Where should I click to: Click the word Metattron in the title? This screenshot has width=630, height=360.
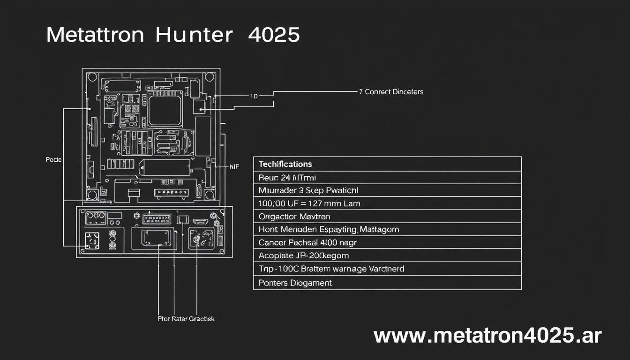[x=95, y=35]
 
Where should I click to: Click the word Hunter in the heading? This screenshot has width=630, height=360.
[x=194, y=35]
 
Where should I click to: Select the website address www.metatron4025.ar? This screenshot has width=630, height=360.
[x=487, y=336]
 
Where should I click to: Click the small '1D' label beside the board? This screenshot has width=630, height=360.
[x=254, y=96]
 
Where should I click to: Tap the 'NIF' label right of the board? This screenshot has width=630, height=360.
[x=234, y=166]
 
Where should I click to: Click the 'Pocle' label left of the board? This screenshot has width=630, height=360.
[x=53, y=160]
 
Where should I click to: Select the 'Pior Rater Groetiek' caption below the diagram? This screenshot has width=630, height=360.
[x=186, y=319]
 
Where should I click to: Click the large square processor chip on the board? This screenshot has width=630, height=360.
[x=165, y=109]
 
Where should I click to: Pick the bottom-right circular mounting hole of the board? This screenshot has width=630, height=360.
[x=210, y=194]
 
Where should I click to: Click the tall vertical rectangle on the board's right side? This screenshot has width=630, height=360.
[x=203, y=136]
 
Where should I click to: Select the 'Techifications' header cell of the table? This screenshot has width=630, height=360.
[x=285, y=164]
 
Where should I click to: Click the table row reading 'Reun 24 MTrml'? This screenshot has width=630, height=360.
[x=281, y=178]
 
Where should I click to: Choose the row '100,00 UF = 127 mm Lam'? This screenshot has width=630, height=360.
[x=309, y=203]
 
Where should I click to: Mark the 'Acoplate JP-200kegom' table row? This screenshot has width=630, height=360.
[x=303, y=256]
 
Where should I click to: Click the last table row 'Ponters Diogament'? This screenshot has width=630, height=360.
[x=295, y=283]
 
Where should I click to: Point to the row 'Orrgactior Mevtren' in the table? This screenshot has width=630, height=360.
[x=294, y=217]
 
